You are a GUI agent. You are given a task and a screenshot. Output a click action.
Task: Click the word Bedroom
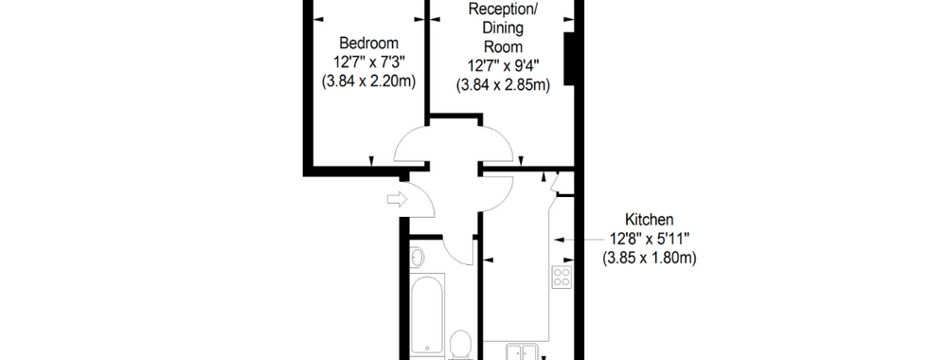tap(368, 44)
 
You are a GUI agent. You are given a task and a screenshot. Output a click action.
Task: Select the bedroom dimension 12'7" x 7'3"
tap(368, 63)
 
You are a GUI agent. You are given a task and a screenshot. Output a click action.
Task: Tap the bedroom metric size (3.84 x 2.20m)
tap(368, 81)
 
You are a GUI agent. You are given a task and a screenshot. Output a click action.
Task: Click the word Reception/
tap(503, 9)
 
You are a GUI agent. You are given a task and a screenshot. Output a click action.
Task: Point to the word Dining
tap(503, 27)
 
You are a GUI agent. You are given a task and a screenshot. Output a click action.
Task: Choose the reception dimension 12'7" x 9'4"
tap(503, 66)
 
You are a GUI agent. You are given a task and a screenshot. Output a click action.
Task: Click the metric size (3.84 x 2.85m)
tap(503, 85)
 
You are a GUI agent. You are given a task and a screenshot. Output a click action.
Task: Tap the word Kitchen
tap(650, 220)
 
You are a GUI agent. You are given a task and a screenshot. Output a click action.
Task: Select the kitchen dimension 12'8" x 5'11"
tap(650, 239)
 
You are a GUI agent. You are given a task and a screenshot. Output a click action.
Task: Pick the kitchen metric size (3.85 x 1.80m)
tap(650, 258)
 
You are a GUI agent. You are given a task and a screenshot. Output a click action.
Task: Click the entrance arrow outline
tap(398, 200)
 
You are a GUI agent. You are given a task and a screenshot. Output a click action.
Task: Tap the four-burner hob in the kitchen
tap(562, 277)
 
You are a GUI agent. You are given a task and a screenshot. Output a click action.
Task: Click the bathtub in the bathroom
tap(427, 314)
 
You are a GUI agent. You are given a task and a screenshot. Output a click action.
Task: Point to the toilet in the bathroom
tap(460, 345)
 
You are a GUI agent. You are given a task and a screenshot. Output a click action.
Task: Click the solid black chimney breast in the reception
tap(569, 59)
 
